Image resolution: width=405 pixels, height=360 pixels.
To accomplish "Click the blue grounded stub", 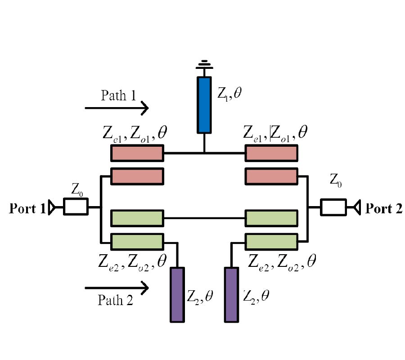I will (x=204, y=105).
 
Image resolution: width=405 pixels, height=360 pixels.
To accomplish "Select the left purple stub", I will (x=177, y=295).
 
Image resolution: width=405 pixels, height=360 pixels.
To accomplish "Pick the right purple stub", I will (x=231, y=295).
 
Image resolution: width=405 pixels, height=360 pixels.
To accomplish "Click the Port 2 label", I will (x=384, y=209).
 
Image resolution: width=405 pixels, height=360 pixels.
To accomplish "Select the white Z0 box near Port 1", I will (x=76, y=207).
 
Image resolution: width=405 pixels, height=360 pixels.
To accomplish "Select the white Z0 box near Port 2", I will (x=333, y=207).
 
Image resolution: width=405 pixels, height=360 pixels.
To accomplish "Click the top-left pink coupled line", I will (x=137, y=153).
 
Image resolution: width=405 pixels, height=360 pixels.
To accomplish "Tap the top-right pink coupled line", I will (x=271, y=153).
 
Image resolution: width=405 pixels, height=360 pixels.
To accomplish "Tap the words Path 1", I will (x=119, y=95).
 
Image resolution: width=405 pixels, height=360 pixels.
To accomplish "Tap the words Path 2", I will (x=116, y=301).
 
